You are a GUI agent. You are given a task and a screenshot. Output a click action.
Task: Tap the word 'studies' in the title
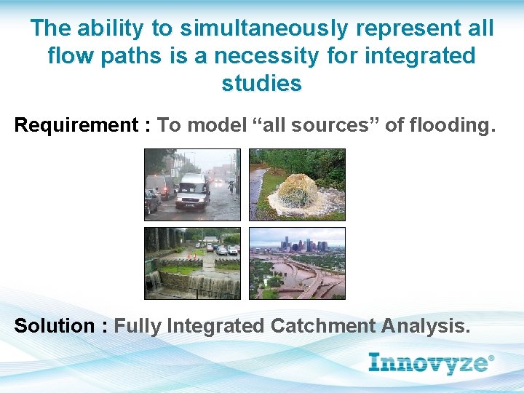261,83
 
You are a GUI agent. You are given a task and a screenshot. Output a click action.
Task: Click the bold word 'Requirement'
76,125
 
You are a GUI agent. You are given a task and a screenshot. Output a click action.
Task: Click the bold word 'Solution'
55,325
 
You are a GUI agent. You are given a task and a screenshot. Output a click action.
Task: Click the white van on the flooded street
192,191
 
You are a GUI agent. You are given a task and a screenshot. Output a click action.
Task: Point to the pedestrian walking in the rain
231,188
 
